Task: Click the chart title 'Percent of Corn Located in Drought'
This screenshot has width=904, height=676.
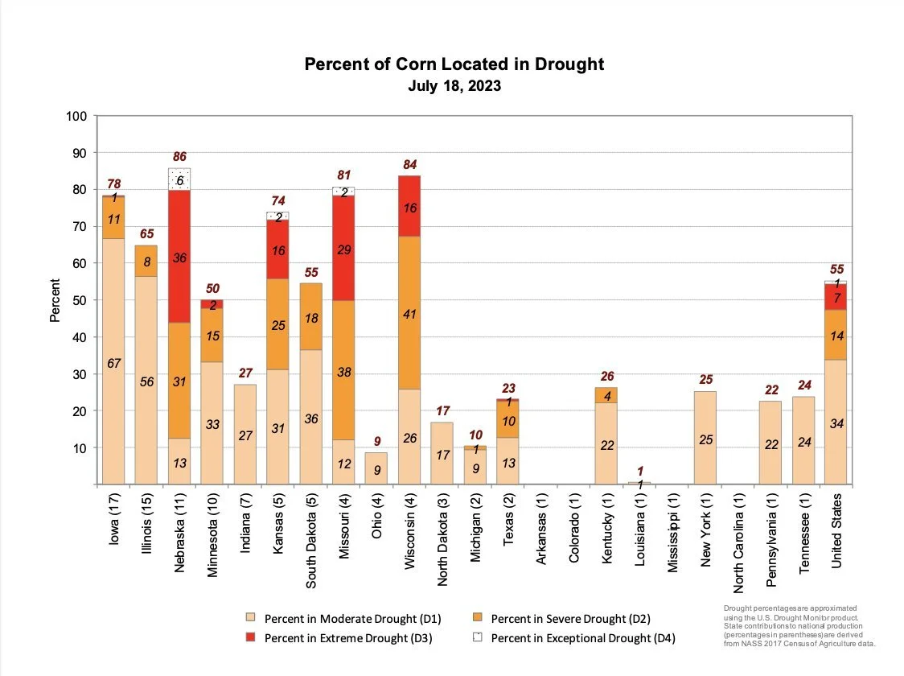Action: click(x=454, y=64)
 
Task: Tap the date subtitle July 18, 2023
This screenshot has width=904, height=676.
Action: click(x=454, y=85)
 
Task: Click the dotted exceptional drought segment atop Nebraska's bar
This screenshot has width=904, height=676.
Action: click(x=179, y=179)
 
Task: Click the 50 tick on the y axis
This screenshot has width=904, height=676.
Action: click(x=80, y=300)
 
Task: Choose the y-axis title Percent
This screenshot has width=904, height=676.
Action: click(x=55, y=300)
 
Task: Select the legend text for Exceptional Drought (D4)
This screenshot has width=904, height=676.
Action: click(x=582, y=638)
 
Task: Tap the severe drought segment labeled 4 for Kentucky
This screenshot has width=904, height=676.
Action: click(x=606, y=395)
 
